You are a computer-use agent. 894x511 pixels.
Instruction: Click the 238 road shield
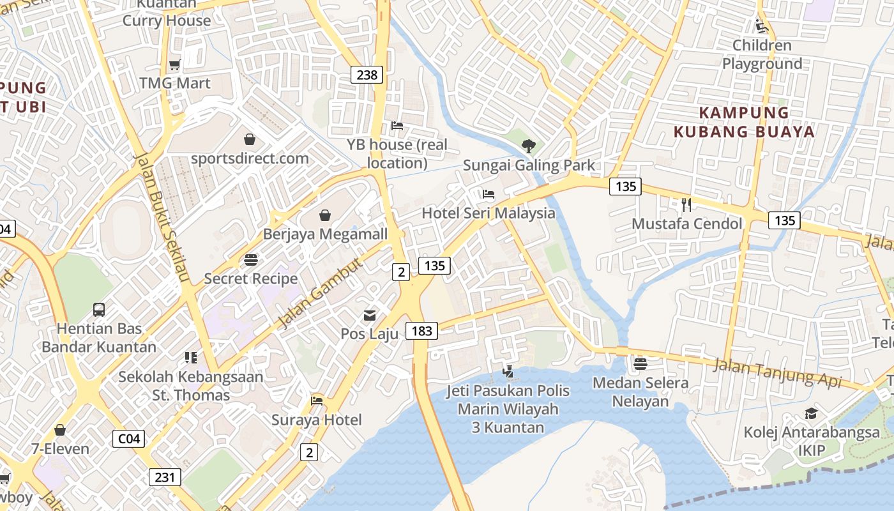[367, 75]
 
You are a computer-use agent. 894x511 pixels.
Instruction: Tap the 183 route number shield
[421, 331]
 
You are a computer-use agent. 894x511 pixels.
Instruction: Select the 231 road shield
[165, 477]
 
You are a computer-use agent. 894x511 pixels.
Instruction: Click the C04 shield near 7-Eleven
[128, 439]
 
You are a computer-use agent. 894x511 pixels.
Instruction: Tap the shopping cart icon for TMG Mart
[174, 65]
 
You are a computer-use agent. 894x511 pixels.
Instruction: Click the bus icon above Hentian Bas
[99, 310]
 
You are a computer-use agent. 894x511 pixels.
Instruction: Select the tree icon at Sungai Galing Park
[528, 146]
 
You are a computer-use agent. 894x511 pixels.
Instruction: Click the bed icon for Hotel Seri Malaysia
[489, 194]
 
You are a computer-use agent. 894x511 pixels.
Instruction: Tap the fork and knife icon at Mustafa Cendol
[686, 205]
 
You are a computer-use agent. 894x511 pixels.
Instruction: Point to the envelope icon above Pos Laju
[370, 315]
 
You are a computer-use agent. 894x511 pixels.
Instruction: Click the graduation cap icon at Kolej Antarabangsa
[811, 413]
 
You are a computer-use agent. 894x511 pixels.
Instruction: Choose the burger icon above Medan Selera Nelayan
[640, 364]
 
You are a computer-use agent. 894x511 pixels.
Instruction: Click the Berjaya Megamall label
[325, 234]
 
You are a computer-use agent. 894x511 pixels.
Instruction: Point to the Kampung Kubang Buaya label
[744, 122]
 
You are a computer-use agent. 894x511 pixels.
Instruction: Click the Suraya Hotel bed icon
[317, 401]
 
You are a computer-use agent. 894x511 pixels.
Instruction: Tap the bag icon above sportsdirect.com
[250, 139]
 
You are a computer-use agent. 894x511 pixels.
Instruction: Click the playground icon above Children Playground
[761, 26]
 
